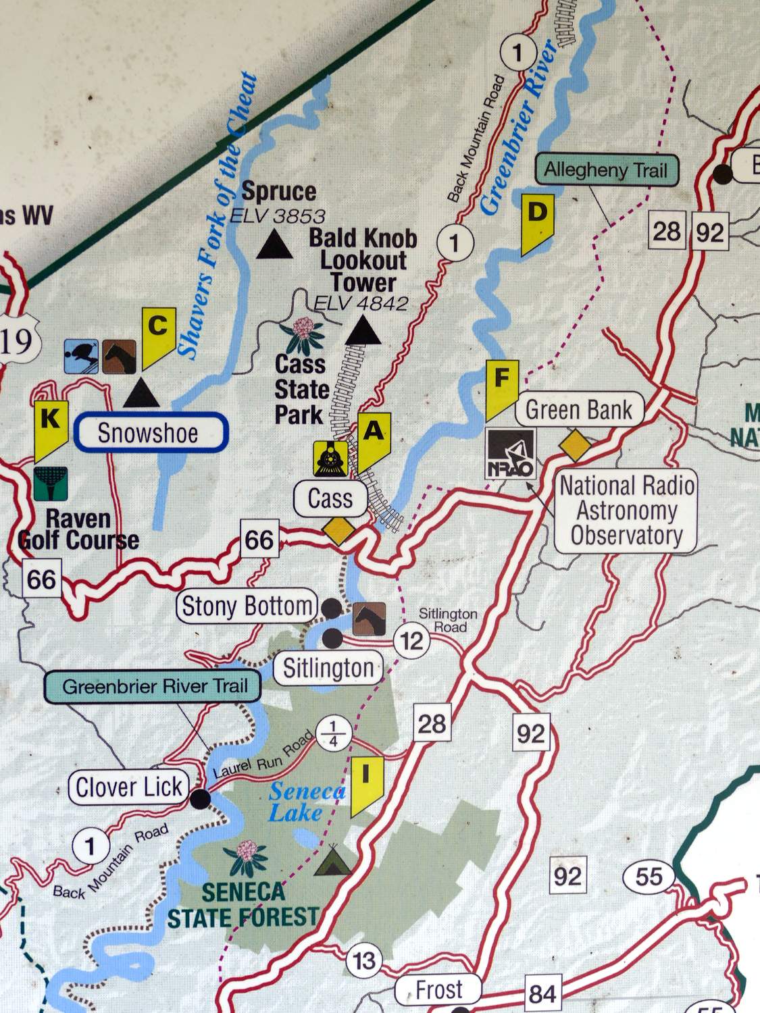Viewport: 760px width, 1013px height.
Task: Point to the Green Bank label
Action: pyautogui.click(x=578, y=410)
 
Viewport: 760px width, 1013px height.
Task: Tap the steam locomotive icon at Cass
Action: pyautogui.click(x=330, y=459)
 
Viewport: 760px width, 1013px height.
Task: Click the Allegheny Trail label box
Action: pyautogui.click(x=605, y=170)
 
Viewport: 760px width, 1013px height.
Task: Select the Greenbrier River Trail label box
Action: pyautogui.click(x=155, y=687)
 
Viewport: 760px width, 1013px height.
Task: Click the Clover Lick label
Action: pyautogui.click(x=128, y=787)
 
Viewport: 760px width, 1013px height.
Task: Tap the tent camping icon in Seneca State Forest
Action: pyautogui.click(x=332, y=860)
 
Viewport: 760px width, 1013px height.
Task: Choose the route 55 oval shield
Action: pyautogui.click(x=649, y=877)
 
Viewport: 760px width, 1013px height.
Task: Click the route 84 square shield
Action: pyautogui.click(x=542, y=994)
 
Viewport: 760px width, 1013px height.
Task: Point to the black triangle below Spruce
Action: pyautogui.click(x=275, y=244)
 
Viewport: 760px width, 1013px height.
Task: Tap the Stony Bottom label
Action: pyautogui.click(x=247, y=606)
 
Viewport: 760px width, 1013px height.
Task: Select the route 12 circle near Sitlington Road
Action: pyautogui.click(x=411, y=640)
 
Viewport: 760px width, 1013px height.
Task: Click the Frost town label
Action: pyautogui.click(x=439, y=990)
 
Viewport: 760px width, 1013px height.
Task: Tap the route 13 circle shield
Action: pyautogui.click(x=364, y=960)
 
